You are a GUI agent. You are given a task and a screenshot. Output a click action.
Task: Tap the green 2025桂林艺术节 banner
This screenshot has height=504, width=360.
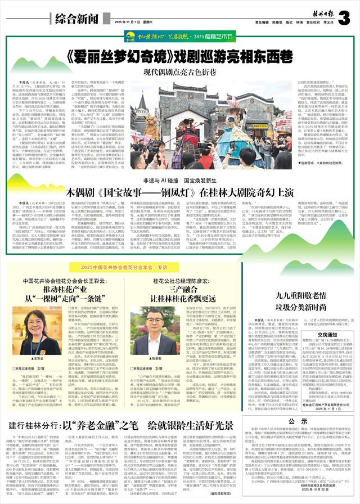point(181,38)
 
